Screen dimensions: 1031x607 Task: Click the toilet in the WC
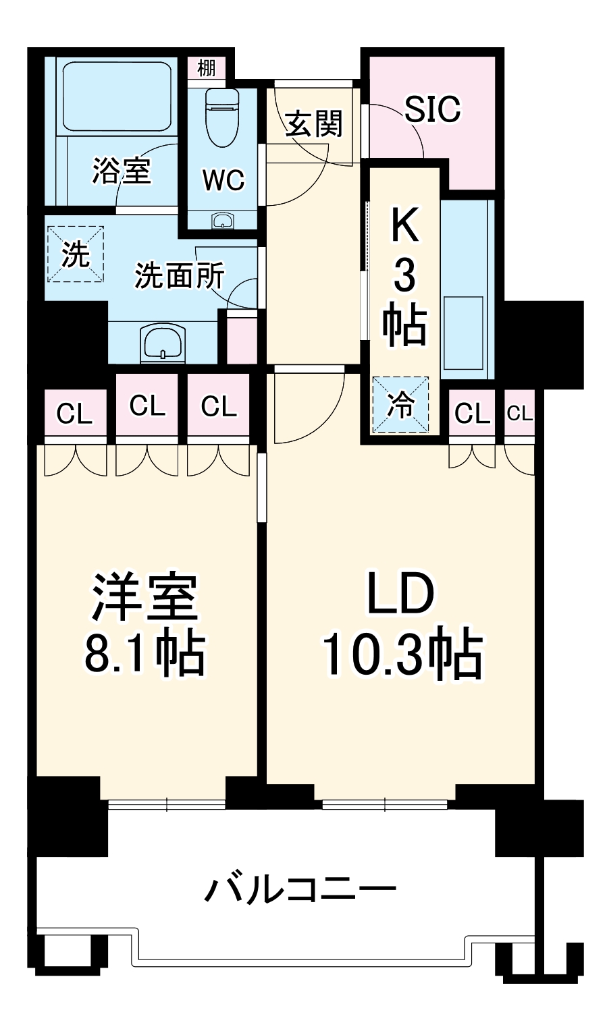[x=222, y=115]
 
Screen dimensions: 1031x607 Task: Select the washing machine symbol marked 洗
[x=75, y=254]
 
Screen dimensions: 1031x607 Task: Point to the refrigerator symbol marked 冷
[x=400, y=404]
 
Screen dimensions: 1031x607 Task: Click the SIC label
[x=433, y=109]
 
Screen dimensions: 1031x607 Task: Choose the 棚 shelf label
[x=207, y=67]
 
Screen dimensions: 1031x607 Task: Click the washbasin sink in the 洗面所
[x=163, y=343]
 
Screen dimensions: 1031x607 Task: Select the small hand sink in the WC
[x=222, y=221]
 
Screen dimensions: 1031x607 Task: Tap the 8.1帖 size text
[x=144, y=653]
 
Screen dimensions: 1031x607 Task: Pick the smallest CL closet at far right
[x=519, y=413]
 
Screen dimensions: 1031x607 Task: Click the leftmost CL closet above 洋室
[x=74, y=413]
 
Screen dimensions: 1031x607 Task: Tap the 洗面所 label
[x=179, y=275]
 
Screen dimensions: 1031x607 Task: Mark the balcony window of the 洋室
[x=166, y=804]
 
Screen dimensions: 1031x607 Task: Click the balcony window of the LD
[x=385, y=804]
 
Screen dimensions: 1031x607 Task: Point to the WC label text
[x=223, y=179]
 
